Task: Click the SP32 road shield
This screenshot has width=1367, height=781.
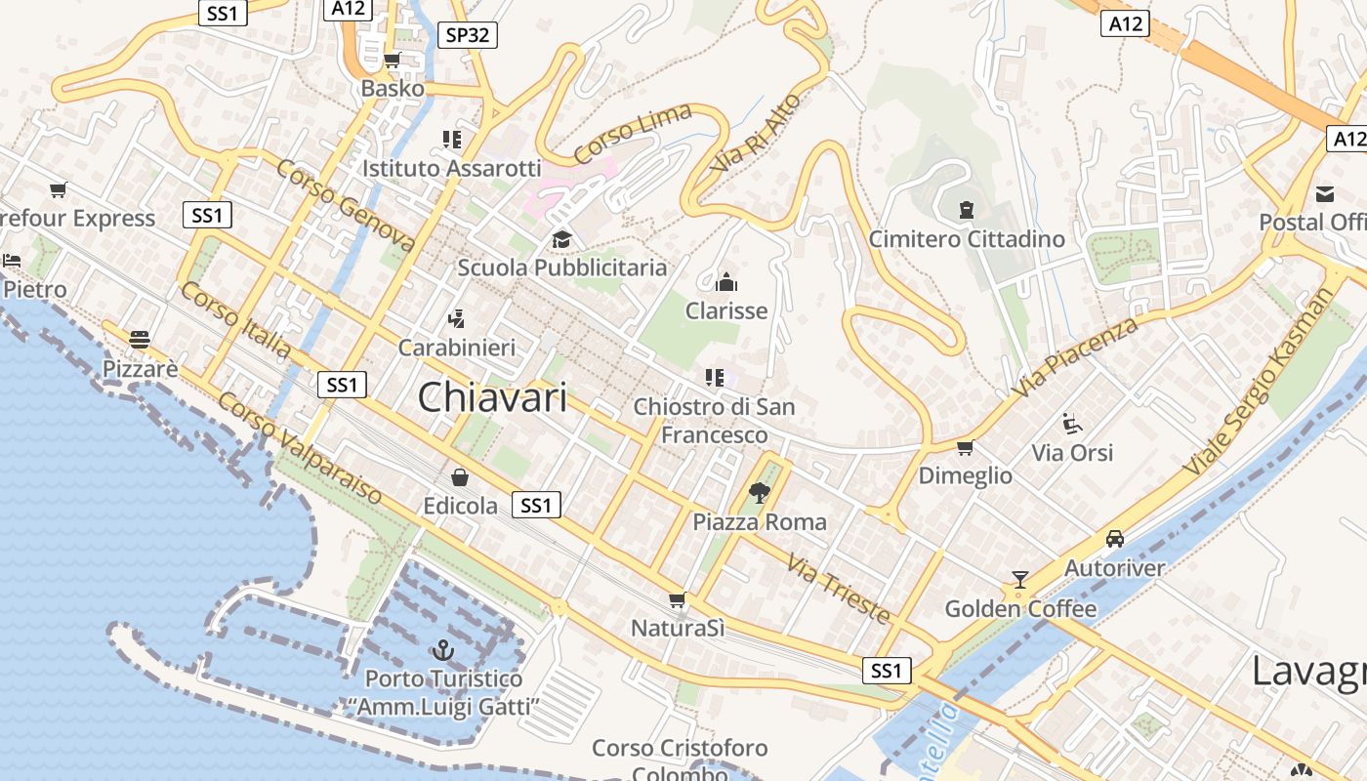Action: (468, 35)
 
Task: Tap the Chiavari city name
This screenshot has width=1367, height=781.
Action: (492, 397)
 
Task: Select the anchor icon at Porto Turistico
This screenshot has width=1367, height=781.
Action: (443, 649)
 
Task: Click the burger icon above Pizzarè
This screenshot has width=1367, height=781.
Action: (140, 340)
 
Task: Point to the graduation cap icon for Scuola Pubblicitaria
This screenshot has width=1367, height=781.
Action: (561, 239)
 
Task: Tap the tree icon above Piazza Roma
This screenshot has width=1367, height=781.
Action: (759, 493)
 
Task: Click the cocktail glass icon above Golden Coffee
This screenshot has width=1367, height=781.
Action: (1020, 580)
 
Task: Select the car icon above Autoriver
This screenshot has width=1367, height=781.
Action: (1114, 539)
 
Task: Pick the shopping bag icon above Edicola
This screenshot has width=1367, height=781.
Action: (460, 477)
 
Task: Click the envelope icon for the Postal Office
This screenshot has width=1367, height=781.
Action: (1325, 193)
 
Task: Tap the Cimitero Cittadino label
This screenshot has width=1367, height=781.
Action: (967, 239)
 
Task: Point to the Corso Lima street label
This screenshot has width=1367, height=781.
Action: (633, 134)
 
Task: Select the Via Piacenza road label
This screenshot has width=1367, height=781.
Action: (1074, 356)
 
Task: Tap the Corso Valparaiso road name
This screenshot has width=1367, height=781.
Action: (300, 448)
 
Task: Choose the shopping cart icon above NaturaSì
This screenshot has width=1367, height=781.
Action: (677, 599)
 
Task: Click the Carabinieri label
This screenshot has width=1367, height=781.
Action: (457, 348)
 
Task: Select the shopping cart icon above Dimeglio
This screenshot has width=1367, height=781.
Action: (965, 447)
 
